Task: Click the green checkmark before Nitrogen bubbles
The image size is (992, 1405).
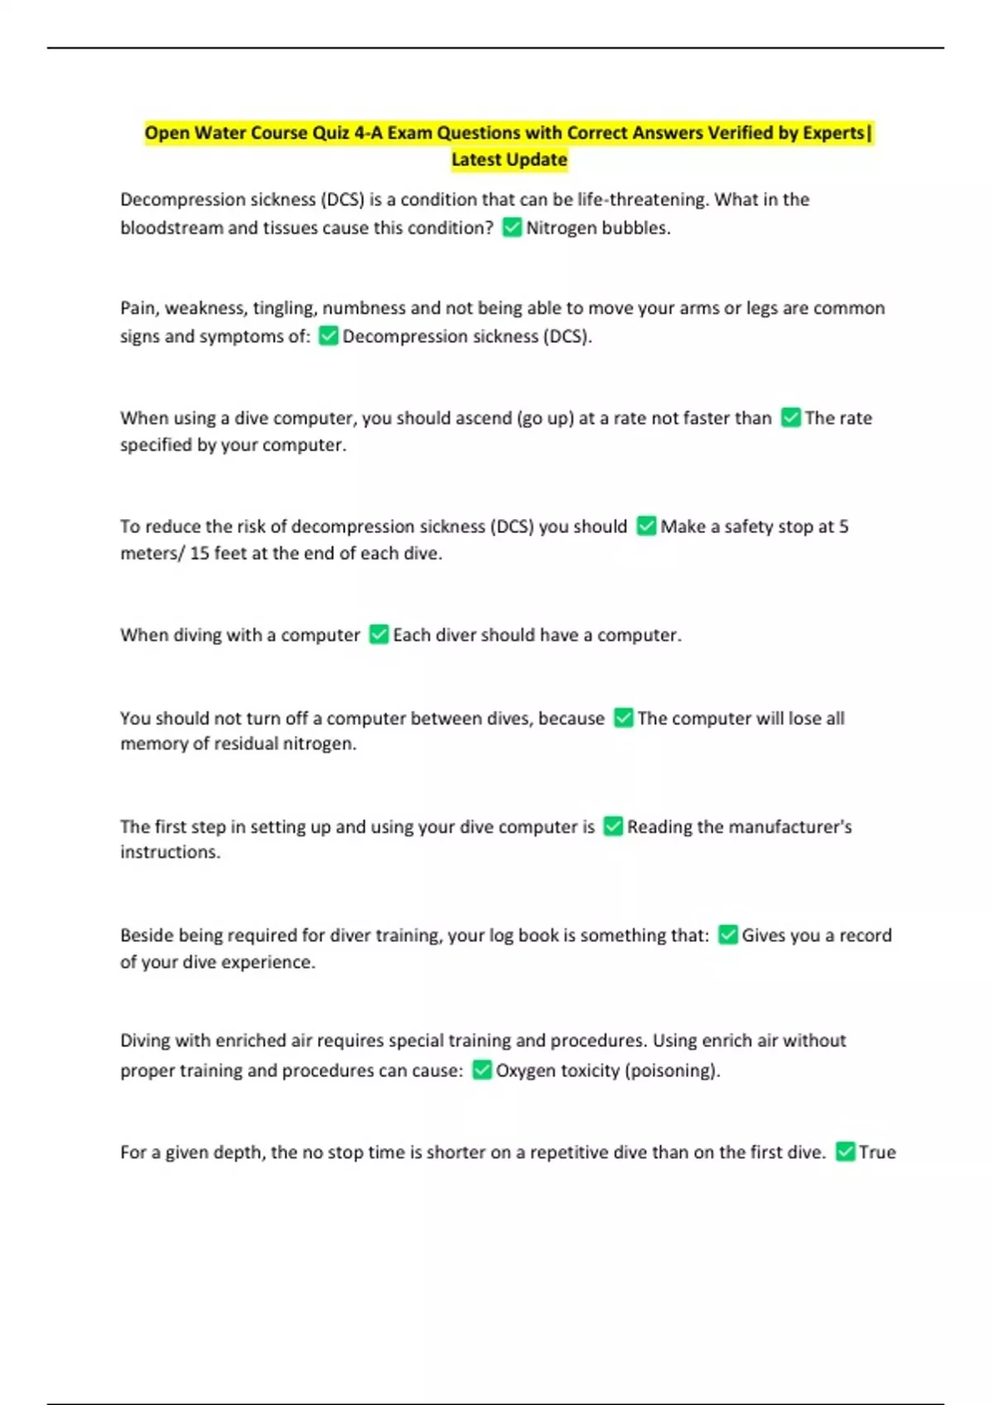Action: click(512, 227)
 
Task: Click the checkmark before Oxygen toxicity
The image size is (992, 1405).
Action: click(482, 1070)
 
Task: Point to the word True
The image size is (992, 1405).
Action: click(877, 1152)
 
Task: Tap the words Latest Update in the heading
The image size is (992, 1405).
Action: click(509, 160)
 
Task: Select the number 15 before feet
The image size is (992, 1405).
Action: click(199, 553)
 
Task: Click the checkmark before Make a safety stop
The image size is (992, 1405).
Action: click(646, 526)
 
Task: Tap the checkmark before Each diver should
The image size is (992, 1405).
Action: click(379, 635)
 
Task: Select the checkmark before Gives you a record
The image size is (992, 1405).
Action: click(727, 936)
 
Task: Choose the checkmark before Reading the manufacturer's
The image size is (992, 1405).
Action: click(613, 826)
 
